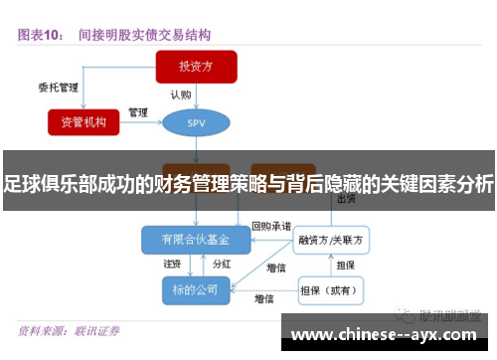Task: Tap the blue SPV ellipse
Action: (x=196, y=122)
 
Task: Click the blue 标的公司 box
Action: (x=194, y=289)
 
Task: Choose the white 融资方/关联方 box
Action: (x=332, y=240)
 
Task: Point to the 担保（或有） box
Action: (x=332, y=290)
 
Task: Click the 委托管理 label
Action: (x=58, y=87)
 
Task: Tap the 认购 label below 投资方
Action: (x=180, y=95)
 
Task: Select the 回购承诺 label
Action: (x=271, y=226)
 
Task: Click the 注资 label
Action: (x=172, y=265)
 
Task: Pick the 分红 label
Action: (x=222, y=265)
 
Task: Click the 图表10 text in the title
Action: (x=41, y=35)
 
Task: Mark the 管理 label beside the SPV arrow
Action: (x=139, y=110)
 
